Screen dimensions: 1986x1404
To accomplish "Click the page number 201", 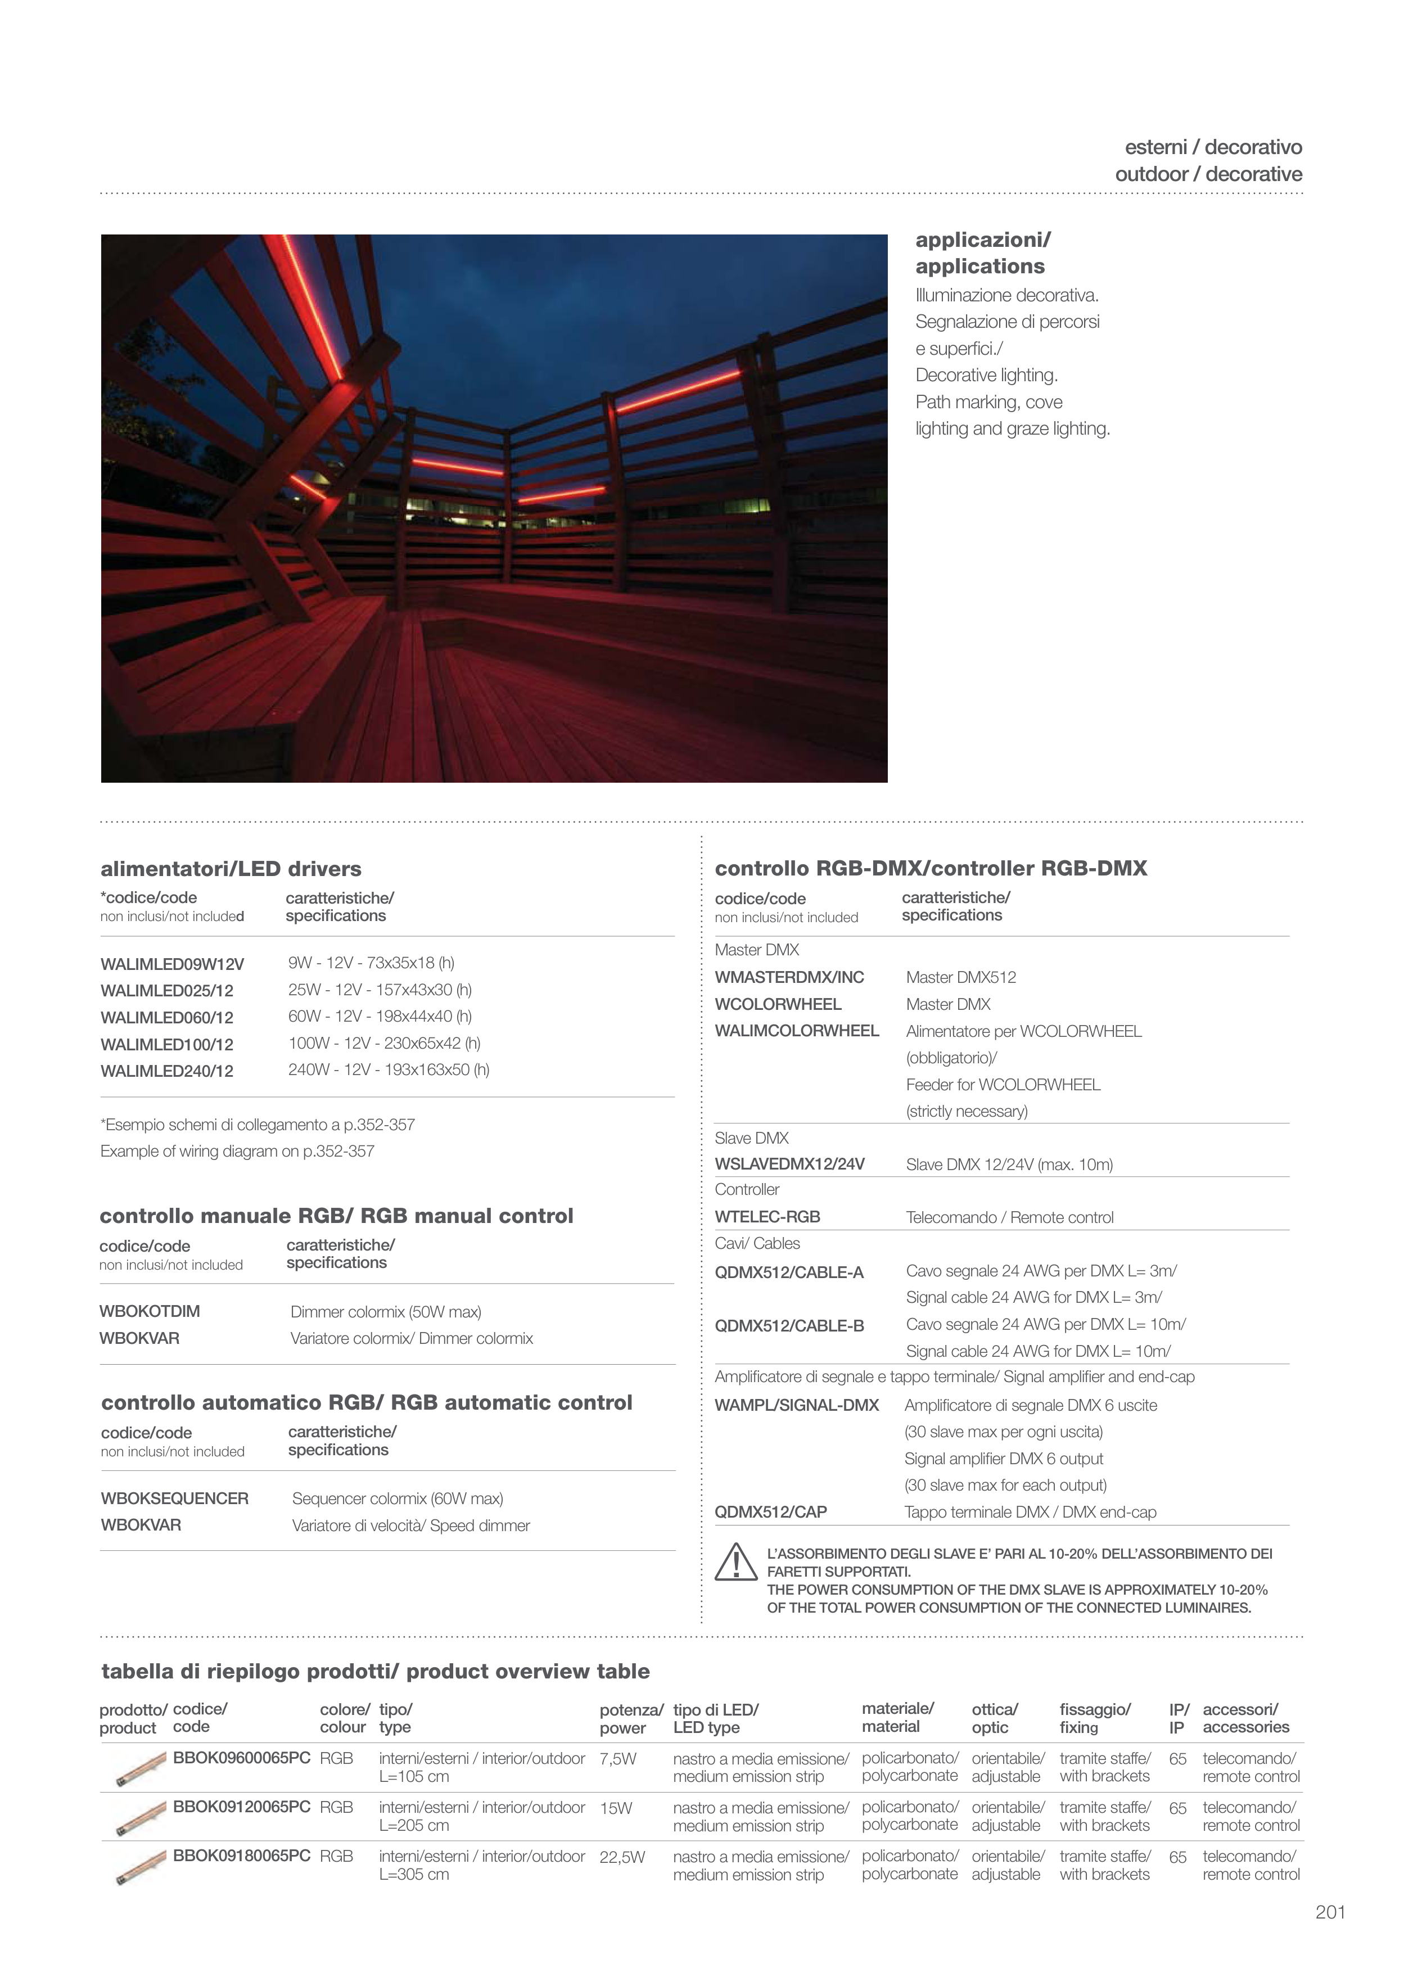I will [x=1330, y=1912].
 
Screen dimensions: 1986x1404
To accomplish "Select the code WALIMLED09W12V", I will [x=172, y=964].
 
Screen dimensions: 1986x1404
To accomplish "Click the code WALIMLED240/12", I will [x=167, y=1071].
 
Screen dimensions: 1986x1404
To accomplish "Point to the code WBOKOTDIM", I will [x=150, y=1311].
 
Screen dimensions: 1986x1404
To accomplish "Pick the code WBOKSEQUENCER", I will [x=175, y=1498].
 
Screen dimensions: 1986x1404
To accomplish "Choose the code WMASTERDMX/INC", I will [x=789, y=977].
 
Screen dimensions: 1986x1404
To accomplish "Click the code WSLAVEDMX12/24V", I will [x=789, y=1164].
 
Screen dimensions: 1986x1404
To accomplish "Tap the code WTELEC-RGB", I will [x=768, y=1217].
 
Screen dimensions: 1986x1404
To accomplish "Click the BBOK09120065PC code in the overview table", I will [x=241, y=1807].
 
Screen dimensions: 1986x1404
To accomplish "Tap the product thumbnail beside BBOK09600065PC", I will [x=140, y=1769].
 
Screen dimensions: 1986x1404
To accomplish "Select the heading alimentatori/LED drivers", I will [x=231, y=868].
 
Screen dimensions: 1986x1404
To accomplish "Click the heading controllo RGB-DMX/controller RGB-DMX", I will [x=931, y=868].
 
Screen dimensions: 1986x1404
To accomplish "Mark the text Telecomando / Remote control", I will [x=1009, y=1218].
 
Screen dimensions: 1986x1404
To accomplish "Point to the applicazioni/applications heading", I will [x=983, y=252].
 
